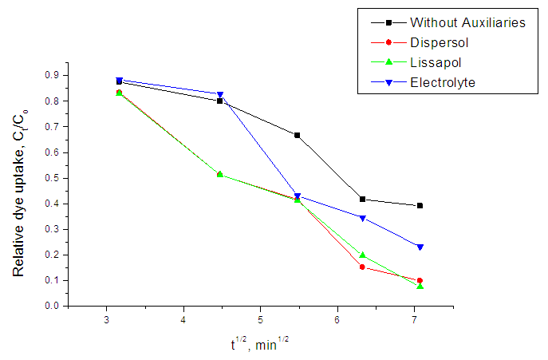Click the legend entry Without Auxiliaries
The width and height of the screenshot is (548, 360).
point(467,22)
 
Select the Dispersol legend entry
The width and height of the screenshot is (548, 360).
point(438,42)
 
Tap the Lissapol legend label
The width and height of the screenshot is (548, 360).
point(435,62)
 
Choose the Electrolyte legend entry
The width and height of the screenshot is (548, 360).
point(442,82)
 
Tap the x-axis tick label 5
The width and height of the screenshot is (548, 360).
point(261,318)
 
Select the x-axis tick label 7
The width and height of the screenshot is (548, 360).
point(415,318)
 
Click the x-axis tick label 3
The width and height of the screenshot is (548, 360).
point(107,318)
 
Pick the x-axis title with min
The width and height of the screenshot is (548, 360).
point(260,346)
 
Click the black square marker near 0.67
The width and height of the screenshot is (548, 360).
point(297,136)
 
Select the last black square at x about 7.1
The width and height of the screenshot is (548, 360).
point(420,206)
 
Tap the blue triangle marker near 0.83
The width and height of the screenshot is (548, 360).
point(220,95)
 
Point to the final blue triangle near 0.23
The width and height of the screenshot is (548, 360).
point(420,247)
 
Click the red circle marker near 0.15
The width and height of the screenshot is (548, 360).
point(362,267)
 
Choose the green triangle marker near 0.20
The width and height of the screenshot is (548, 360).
point(362,255)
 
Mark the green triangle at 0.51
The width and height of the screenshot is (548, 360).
point(220,174)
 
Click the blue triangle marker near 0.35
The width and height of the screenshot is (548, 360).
point(362,218)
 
